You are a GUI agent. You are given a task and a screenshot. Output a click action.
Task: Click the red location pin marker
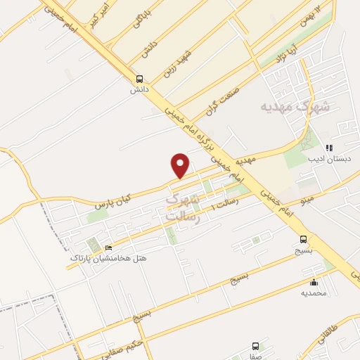pos(181,165)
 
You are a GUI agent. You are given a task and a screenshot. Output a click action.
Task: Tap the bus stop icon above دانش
pos(139,79)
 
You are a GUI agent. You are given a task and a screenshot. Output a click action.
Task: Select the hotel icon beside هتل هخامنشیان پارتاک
pos(108,248)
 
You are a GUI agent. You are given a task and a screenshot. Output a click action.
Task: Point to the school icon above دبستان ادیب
pos(328,148)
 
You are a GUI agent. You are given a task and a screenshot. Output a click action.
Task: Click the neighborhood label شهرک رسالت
pos(183,209)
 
